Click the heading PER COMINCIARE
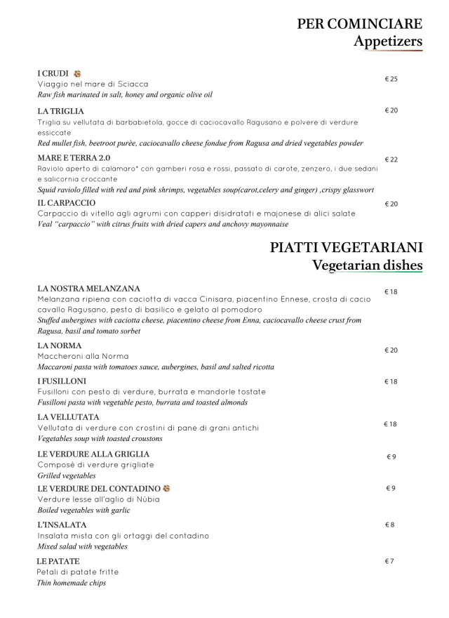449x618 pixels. (x=359, y=24)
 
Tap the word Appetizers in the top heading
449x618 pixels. (x=388, y=41)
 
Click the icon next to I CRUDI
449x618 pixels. (x=77, y=74)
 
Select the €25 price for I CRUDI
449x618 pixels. (x=391, y=79)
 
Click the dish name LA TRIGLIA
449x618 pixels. (x=60, y=111)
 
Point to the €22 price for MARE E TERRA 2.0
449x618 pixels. (x=391, y=160)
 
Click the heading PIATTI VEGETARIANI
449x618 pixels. (x=346, y=248)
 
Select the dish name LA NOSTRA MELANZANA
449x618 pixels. (x=88, y=289)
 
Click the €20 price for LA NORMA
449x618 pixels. (x=391, y=350)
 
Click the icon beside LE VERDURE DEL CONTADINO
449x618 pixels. (x=167, y=488)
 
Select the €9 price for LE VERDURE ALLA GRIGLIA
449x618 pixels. (x=391, y=457)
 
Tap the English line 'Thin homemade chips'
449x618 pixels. (x=72, y=583)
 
